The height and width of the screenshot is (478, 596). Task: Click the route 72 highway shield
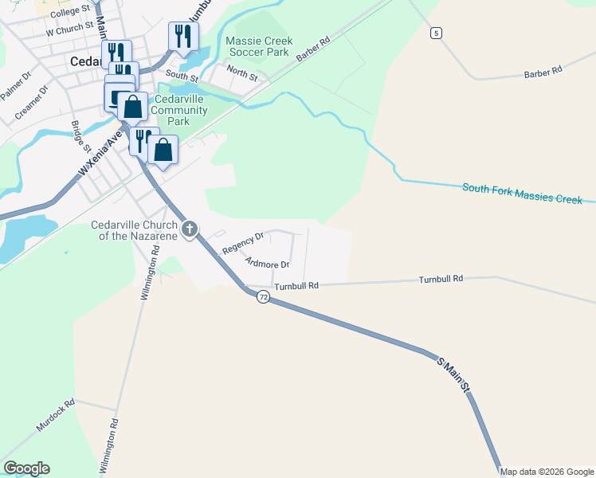pos(263,296)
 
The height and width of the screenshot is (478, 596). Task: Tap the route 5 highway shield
pos(435,33)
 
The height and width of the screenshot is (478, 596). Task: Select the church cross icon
pos(189,229)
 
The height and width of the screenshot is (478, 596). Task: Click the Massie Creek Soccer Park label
pos(259,46)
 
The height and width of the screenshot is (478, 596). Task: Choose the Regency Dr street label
pos(243,243)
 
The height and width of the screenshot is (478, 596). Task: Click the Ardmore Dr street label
pos(267,262)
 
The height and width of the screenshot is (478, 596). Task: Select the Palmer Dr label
pos(15,85)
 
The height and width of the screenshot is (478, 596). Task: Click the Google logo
pos(26,468)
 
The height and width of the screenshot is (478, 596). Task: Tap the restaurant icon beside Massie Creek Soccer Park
pos(182,37)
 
